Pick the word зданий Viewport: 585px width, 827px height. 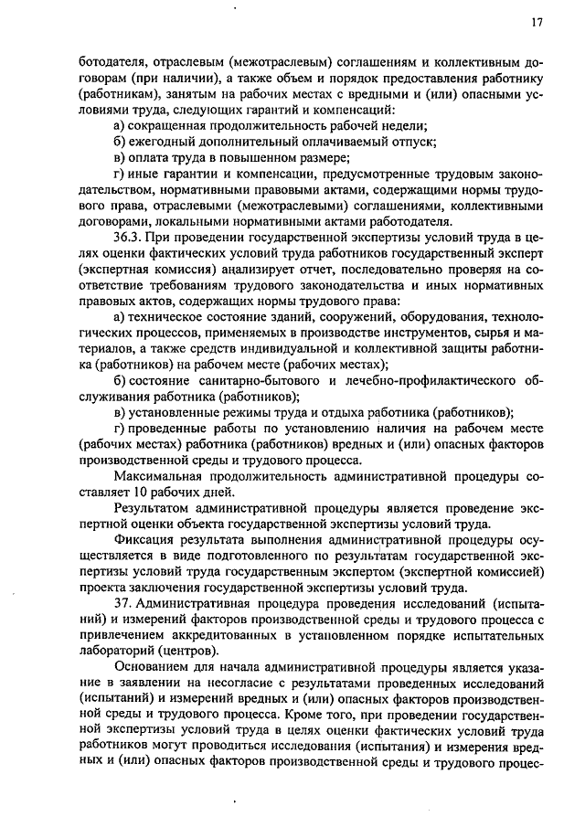275,316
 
